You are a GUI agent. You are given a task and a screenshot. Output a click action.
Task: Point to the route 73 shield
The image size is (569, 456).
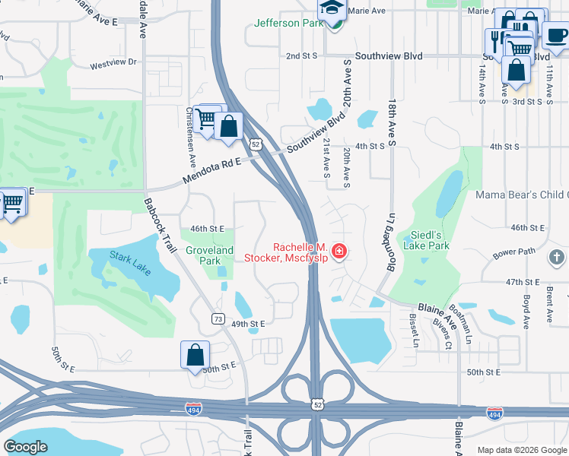click(x=218, y=318)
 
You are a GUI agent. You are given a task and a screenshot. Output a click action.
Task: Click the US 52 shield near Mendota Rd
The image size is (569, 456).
click(x=256, y=144)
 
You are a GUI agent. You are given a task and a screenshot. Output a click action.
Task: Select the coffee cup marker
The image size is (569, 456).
click(x=555, y=35)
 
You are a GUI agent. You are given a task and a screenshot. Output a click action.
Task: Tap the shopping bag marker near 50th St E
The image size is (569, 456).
click(x=195, y=354)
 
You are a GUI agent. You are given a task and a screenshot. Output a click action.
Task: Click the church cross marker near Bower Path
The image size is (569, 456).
click(x=557, y=257)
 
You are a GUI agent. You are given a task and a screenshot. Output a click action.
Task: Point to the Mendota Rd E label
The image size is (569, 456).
click(x=211, y=171)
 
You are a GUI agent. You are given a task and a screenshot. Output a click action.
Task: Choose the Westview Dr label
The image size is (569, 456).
click(x=113, y=63)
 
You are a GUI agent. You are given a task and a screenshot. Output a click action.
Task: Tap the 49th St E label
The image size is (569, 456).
click(x=248, y=324)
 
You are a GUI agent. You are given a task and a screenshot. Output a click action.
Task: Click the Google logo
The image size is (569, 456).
click(x=26, y=447)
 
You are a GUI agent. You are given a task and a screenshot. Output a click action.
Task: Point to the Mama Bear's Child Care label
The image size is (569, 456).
click(x=522, y=195)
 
